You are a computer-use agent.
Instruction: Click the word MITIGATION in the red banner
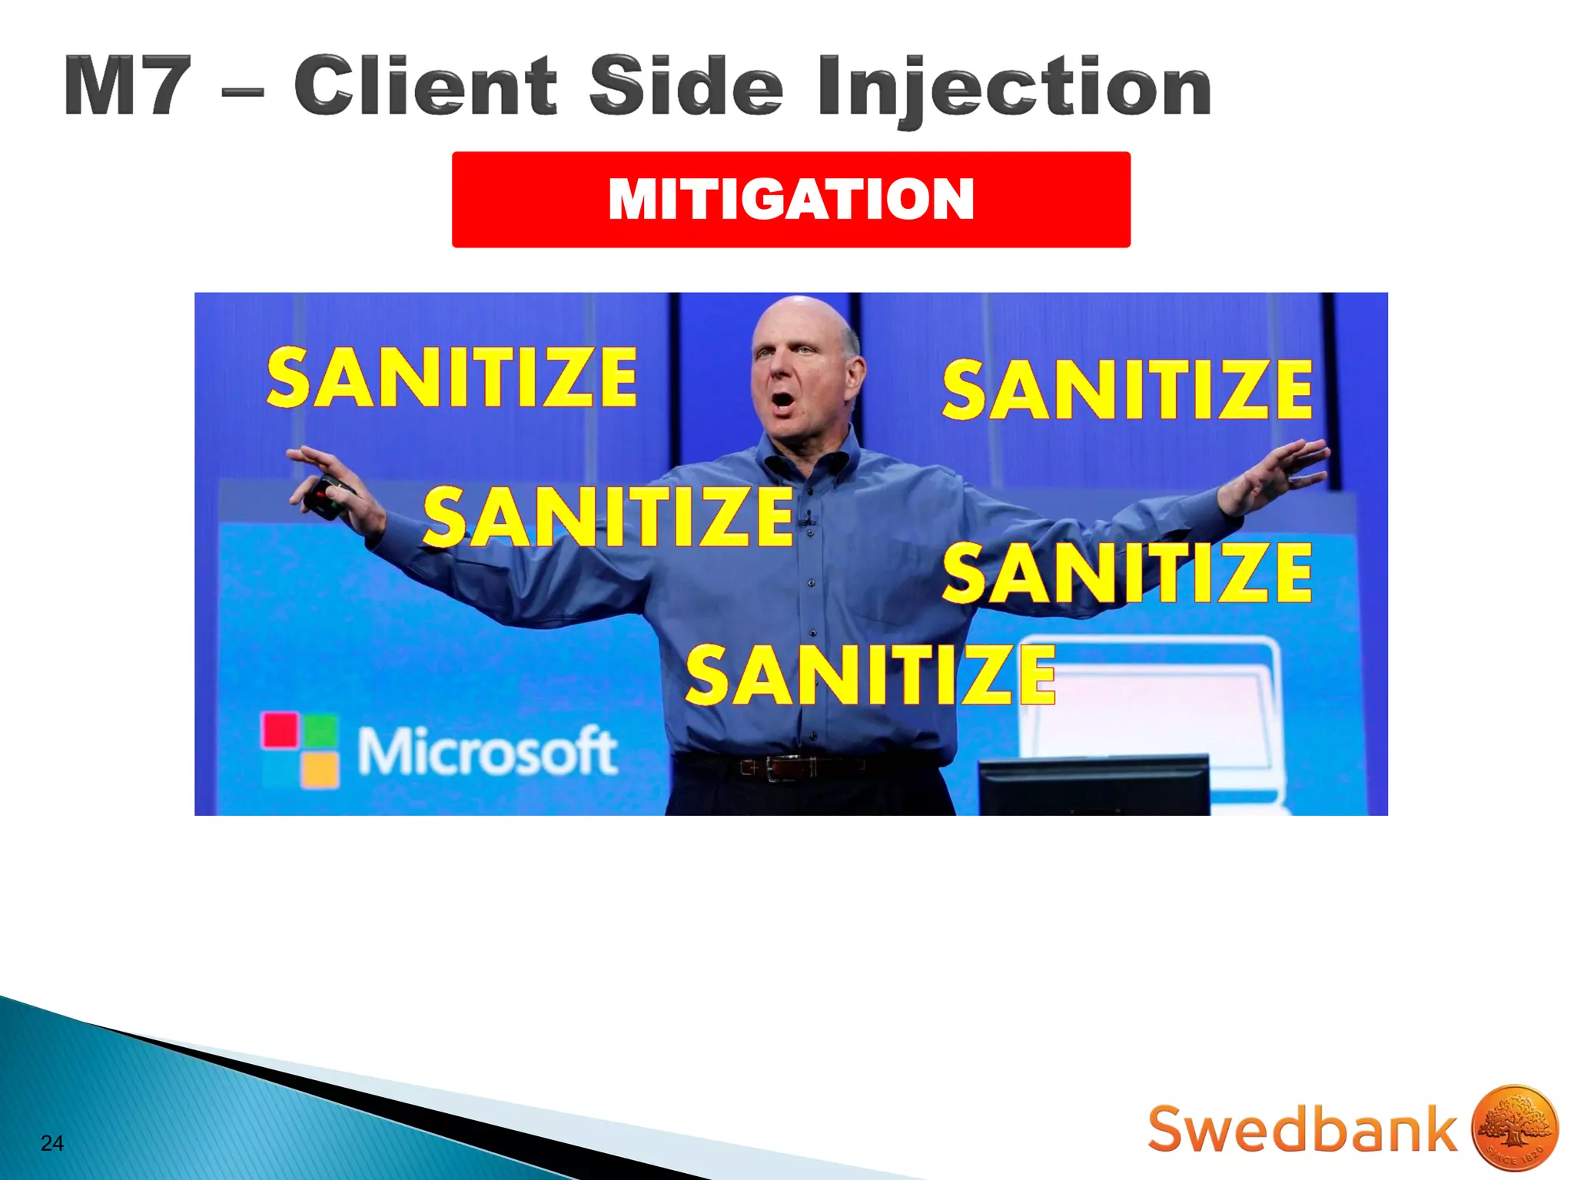point(791,199)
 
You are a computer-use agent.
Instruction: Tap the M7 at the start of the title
point(127,86)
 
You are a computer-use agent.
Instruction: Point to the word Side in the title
point(686,86)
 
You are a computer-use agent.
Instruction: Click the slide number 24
point(51,1143)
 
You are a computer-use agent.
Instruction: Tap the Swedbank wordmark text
point(1301,1129)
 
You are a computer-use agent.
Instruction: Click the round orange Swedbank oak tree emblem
point(1514,1127)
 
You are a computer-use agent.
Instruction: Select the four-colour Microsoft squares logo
point(300,750)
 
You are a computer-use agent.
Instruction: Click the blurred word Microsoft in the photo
point(487,751)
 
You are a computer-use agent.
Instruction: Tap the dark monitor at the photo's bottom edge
point(1094,785)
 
